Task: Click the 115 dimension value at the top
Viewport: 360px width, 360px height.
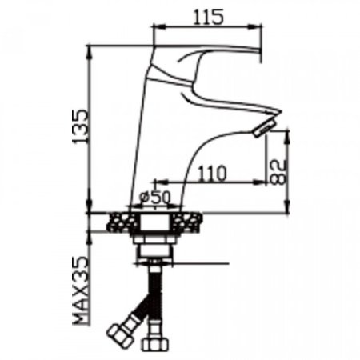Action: [208, 17]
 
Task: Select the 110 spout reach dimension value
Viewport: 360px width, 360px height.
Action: [213, 173]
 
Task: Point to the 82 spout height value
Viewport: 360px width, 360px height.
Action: [278, 172]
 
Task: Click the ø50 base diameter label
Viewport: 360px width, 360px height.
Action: [155, 198]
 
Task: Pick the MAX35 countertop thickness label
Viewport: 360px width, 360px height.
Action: [80, 290]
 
